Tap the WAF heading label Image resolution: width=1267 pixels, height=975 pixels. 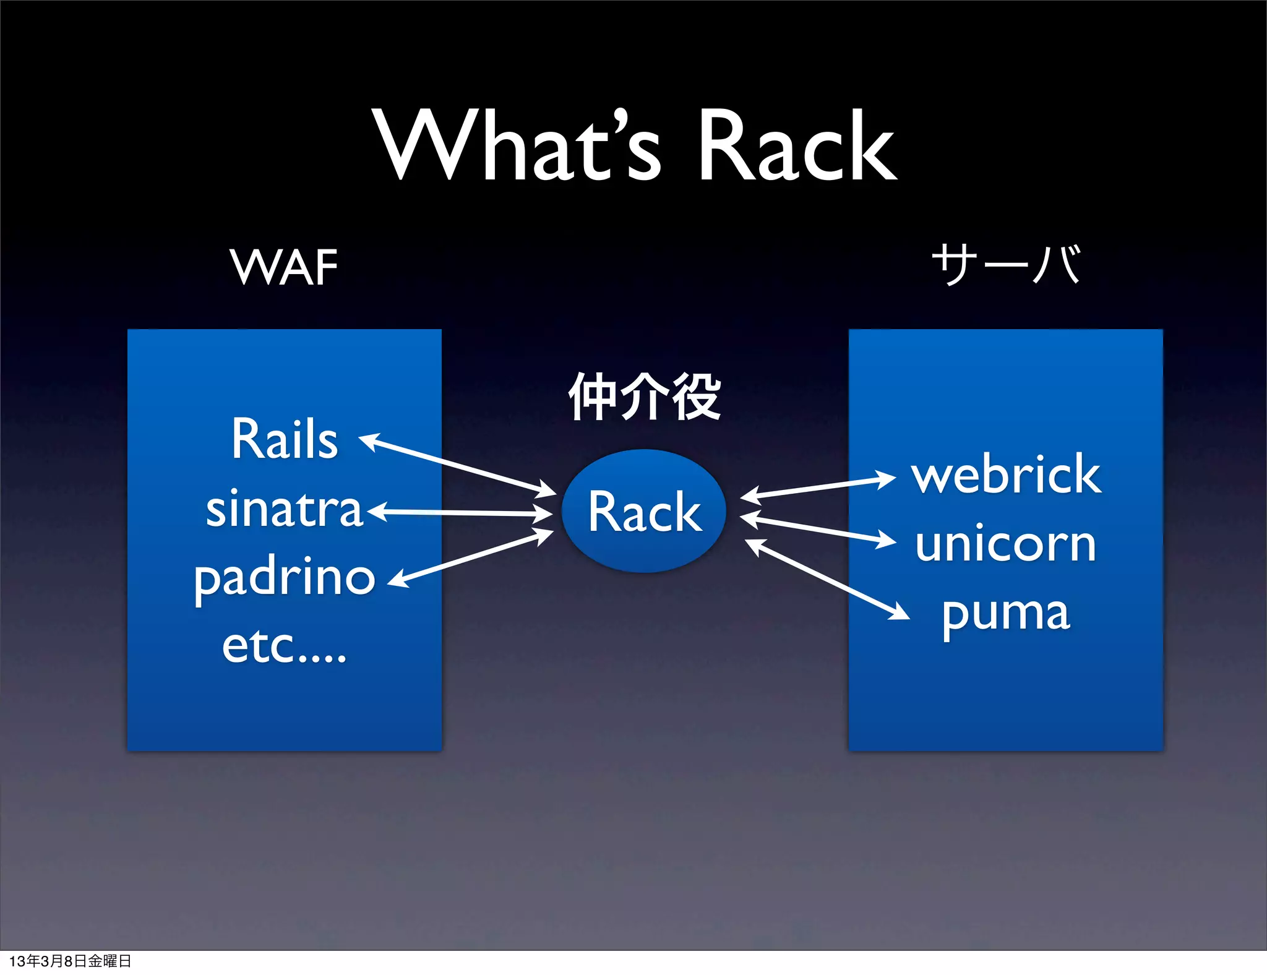pyautogui.click(x=284, y=267)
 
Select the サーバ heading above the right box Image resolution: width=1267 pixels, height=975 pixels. pyautogui.click(x=1006, y=265)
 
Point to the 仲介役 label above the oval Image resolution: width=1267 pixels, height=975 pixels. pyautogui.click(x=644, y=397)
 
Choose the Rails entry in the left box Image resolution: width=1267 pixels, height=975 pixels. pyautogui.click(x=285, y=439)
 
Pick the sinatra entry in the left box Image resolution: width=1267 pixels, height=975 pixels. pyautogui.click(x=284, y=509)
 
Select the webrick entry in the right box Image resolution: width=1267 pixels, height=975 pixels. pyautogui.click(x=1006, y=475)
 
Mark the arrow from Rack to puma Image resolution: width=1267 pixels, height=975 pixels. pyautogui.click(x=827, y=579)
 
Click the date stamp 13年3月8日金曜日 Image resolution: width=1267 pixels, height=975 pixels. pyautogui.click(x=70, y=961)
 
